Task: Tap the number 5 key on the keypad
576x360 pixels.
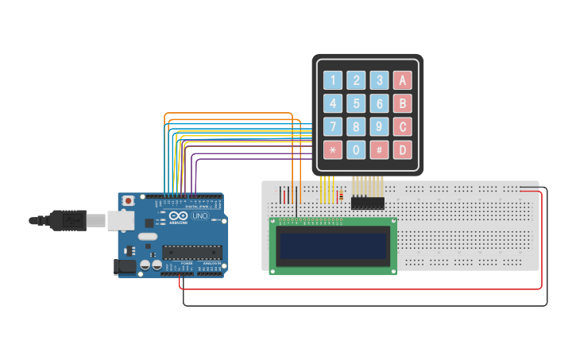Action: pos(357,103)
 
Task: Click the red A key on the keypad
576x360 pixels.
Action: pos(403,80)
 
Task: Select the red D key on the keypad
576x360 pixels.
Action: pos(403,149)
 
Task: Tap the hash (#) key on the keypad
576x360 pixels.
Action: pos(380,149)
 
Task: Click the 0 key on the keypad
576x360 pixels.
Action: pos(357,149)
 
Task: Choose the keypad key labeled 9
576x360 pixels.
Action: pos(380,126)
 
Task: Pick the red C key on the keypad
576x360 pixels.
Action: pos(403,126)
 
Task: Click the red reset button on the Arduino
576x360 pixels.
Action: pos(127,201)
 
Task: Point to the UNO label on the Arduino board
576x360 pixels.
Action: pos(199,216)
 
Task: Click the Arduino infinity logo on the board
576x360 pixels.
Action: pos(179,216)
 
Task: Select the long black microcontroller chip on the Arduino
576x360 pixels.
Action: pos(191,253)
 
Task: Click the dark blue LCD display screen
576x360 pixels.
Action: pos(333,246)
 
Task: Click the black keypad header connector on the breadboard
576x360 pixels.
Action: pos(367,203)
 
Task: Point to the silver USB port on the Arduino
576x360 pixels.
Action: pos(121,220)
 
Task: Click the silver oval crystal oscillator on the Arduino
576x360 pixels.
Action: pos(148,236)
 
